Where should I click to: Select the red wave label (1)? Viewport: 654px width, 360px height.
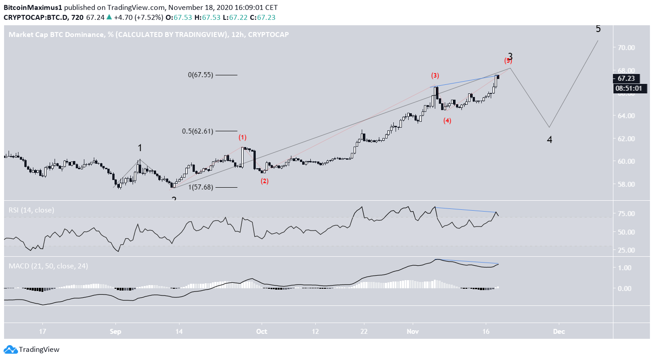243,137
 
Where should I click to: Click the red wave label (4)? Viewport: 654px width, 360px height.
447,120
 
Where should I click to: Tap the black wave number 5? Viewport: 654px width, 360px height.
598,29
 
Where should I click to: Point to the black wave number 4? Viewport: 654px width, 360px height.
549,140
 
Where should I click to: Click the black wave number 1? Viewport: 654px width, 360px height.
140,148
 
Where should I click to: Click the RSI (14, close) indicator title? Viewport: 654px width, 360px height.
31,210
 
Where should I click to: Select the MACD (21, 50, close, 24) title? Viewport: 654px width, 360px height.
48,266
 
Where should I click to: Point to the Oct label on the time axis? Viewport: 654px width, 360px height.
262,331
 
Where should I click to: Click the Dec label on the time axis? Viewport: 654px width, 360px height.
558,331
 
